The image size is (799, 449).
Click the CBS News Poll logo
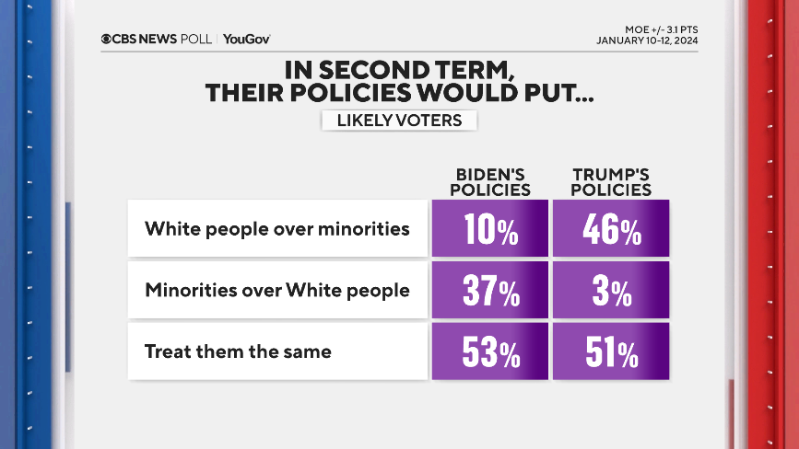point(157,39)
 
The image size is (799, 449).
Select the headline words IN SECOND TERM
point(399,70)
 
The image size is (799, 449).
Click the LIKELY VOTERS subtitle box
point(399,121)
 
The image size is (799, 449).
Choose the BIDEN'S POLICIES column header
point(493,182)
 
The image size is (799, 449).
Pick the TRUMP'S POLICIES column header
point(611,182)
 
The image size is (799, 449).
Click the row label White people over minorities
point(276,228)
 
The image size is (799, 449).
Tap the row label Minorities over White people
point(276,290)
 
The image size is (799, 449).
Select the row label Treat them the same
point(238,351)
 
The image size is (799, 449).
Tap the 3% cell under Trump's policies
point(611,291)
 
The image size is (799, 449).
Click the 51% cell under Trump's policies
point(611,351)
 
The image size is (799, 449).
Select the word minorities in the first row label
point(364,228)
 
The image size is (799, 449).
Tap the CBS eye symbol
point(107,39)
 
